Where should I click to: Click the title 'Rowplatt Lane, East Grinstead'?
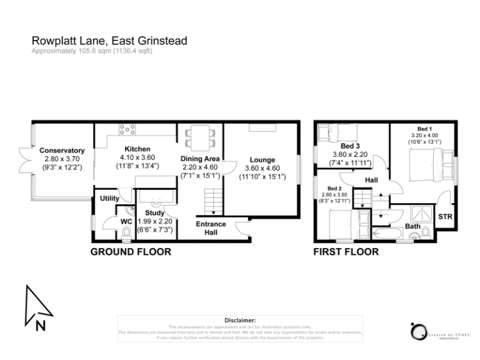pyautogui.click(x=109, y=41)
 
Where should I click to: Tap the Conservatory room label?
pyautogui.click(x=62, y=150)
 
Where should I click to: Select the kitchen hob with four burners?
pyautogui.click(x=127, y=130)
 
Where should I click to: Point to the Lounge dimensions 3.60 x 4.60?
pyautogui.click(x=262, y=169)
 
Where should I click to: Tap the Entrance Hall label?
pyautogui.click(x=211, y=229)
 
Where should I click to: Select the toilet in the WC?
pyautogui.click(x=127, y=233)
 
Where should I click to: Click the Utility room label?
pyautogui.click(x=110, y=199)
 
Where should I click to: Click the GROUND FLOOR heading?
pyautogui.click(x=131, y=252)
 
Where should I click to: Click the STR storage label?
pyautogui.click(x=444, y=217)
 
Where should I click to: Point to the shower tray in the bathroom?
pyautogui.click(x=416, y=212)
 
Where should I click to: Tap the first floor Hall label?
pyautogui.click(x=371, y=179)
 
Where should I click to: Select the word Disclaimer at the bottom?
pyautogui.click(x=240, y=319)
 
